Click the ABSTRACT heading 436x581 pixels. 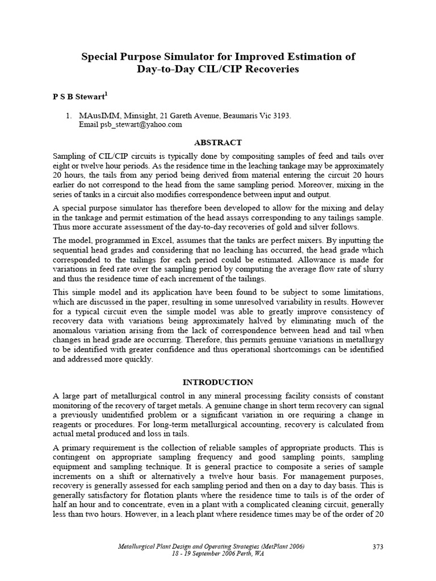click(218, 142)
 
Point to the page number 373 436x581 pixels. click(378, 546)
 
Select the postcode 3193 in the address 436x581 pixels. click(281, 115)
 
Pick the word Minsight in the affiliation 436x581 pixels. click(136, 115)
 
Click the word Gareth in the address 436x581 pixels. click(177, 115)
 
